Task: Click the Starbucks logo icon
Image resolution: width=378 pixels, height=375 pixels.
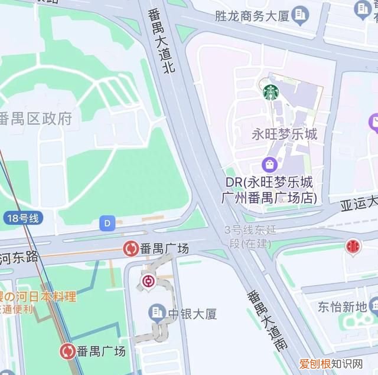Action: [x=271, y=92]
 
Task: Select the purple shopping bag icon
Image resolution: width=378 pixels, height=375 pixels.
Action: [x=269, y=163]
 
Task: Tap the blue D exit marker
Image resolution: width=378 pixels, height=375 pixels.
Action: [x=107, y=223]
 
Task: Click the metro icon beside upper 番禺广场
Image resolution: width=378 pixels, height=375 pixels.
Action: [x=130, y=249]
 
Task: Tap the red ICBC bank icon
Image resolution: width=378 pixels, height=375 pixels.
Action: [x=353, y=246]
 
